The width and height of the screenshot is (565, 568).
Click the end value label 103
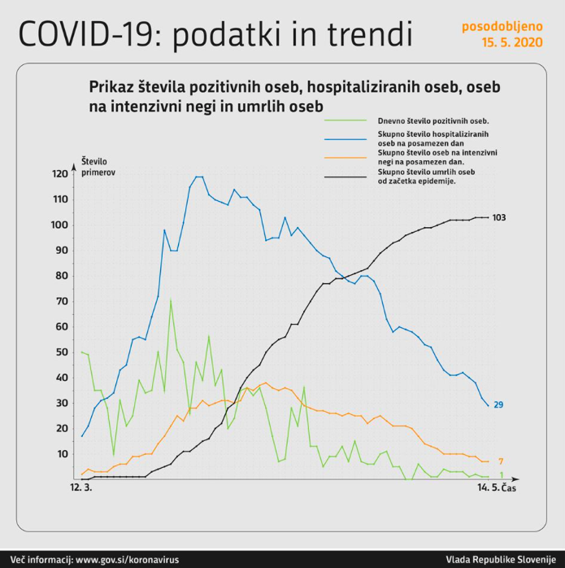tap(499, 217)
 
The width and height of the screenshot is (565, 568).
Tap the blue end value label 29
tap(499, 404)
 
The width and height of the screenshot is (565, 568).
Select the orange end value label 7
tap(502, 461)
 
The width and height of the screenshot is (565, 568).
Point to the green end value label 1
tap(502, 474)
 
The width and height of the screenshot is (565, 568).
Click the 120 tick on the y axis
tap(60, 174)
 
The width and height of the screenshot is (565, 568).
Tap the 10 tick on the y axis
tap(63, 454)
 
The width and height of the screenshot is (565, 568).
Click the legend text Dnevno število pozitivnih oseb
tap(432, 120)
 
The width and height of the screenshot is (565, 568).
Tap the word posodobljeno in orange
tap(502, 26)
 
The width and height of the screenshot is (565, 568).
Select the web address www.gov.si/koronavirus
tap(131, 560)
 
